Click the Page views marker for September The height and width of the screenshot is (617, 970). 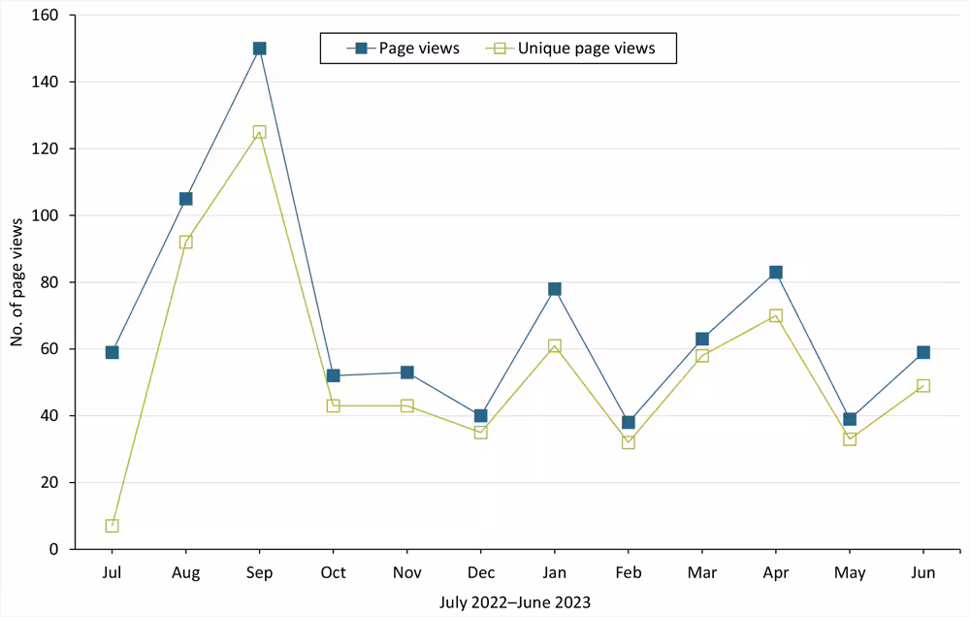pos(259,49)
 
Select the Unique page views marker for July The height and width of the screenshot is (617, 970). pos(112,526)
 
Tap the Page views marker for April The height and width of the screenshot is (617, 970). pos(776,273)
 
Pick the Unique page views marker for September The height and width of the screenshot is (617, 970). pos(259,132)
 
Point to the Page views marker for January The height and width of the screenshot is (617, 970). pos(554,289)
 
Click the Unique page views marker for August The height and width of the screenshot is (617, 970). pos(185,242)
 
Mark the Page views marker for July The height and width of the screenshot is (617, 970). pos(112,352)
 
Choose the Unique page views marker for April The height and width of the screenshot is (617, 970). pos(776,315)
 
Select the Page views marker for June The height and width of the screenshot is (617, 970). pos(923,352)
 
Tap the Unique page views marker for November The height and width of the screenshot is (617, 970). pos(406,406)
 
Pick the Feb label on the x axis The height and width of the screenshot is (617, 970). pos(629,573)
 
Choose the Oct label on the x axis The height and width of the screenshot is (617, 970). pos(333,573)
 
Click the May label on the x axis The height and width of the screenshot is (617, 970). pos(850,573)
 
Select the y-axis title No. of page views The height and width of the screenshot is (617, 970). pos(17,282)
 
